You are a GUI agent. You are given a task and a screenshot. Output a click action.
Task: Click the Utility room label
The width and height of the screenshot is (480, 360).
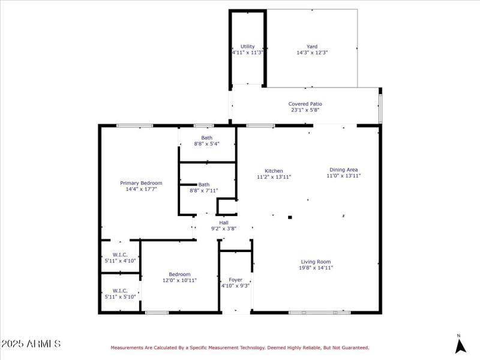(x=248, y=46)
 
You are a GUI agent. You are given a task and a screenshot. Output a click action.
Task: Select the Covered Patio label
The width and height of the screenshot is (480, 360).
(x=305, y=104)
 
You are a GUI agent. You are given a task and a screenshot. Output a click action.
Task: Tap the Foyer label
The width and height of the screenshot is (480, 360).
(x=235, y=280)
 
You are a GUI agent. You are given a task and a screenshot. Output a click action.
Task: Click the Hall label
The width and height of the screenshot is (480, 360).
(x=223, y=223)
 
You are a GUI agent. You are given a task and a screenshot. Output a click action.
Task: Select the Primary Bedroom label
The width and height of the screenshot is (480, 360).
(x=141, y=183)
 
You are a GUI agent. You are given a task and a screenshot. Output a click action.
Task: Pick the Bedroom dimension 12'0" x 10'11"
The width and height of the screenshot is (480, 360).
(x=179, y=280)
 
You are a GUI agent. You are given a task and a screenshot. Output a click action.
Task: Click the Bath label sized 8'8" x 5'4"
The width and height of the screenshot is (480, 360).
(x=206, y=138)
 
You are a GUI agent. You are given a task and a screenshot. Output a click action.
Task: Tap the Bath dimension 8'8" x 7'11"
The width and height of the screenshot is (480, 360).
(x=204, y=191)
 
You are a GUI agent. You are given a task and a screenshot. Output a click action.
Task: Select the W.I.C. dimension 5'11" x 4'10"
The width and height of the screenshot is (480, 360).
(x=120, y=261)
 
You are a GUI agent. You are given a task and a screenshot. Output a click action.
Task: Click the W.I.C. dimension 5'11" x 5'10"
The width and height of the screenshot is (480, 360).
(x=120, y=296)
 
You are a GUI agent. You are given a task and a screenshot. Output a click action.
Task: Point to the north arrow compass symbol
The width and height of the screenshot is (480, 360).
(x=460, y=345)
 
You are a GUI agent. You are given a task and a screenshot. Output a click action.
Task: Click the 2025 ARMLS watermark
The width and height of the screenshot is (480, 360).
(x=31, y=344)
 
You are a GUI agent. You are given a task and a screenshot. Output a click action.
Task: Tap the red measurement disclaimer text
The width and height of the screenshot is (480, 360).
(x=239, y=347)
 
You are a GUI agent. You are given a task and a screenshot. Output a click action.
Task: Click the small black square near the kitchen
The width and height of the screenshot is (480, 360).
(x=290, y=217)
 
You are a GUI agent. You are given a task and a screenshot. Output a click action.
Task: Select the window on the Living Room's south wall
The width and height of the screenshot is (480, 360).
(x=319, y=312)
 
